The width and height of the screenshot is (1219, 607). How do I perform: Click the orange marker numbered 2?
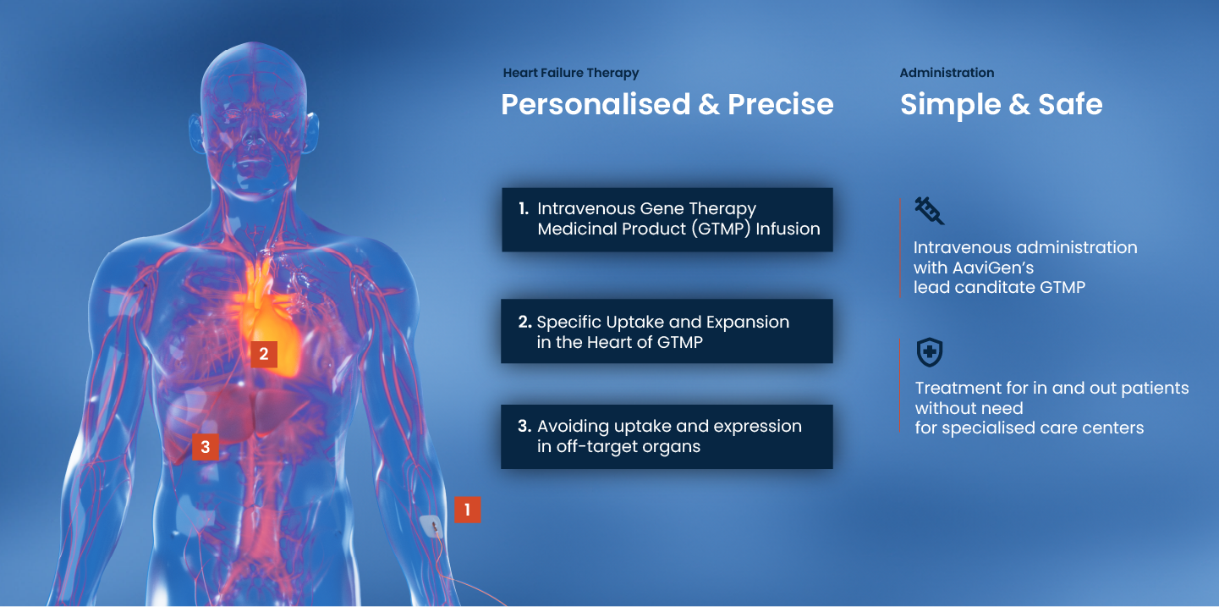pyautogui.click(x=264, y=355)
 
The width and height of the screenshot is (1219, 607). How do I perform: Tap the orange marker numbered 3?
pyautogui.click(x=206, y=447)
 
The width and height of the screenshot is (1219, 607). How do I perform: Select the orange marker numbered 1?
pyautogui.click(x=468, y=510)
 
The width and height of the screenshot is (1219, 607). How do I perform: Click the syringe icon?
pyautogui.click(x=930, y=211)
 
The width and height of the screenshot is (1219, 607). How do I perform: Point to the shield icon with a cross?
pyautogui.click(x=930, y=352)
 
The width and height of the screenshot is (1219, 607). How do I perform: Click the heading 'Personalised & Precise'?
pyautogui.click(x=667, y=104)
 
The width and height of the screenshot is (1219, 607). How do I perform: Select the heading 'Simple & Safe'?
pyautogui.click(x=1002, y=104)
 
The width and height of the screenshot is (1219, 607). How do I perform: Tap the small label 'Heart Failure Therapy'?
pyautogui.click(x=571, y=73)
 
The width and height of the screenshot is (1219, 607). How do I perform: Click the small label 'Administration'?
pyautogui.click(x=947, y=73)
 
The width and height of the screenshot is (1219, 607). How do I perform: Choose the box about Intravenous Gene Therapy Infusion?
pyautogui.click(x=667, y=219)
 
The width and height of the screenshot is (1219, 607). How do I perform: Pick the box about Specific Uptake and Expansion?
pyautogui.click(x=667, y=331)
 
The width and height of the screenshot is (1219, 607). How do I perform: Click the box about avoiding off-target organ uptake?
pyautogui.click(x=667, y=437)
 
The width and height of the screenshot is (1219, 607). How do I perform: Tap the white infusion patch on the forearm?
pyautogui.click(x=431, y=527)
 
